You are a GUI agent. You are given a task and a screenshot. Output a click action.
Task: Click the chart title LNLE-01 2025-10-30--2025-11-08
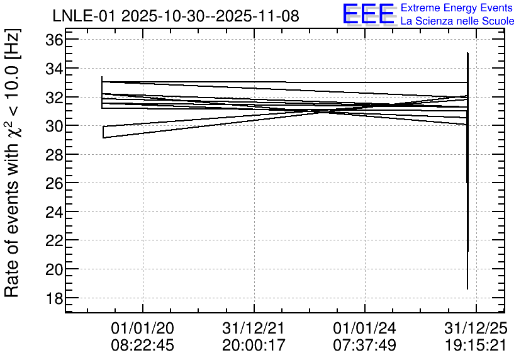[x=176, y=16]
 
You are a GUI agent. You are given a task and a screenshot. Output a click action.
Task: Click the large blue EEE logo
[x=369, y=14]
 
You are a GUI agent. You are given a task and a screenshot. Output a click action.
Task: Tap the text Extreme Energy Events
[x=457, y=8]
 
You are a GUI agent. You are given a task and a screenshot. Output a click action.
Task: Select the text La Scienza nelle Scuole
[x=457, y=21]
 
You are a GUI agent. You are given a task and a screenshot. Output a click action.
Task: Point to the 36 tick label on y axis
[x=54, y=40]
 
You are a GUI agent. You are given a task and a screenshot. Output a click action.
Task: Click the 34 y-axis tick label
[x=54, y=69]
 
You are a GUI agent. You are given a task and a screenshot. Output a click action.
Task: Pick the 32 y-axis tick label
[x=54, y=98]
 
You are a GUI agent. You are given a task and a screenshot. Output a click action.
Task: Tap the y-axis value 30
[x=54, y=126]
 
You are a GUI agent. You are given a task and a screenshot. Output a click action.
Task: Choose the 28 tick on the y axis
[x=54, y=155]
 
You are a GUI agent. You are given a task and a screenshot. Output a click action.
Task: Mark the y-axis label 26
[x=54, y=184]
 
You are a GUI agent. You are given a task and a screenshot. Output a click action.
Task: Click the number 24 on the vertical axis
[x=54, y=212]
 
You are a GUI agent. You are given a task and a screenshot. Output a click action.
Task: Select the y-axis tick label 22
[x=54, y=241]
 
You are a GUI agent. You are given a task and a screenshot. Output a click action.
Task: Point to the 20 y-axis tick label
[x=54, y=269]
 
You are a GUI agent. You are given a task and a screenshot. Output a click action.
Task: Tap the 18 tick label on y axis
[x=54, y=298]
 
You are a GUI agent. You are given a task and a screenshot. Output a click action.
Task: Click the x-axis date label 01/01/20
[x=143, y=328]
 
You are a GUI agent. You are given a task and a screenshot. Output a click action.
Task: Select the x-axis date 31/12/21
[x=254, y=328]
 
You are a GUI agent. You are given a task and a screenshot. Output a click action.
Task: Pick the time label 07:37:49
[x=365, y=345]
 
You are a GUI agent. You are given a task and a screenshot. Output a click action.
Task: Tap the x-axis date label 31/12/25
[x=476, y=328]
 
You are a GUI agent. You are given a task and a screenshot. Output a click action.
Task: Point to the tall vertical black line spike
[x=467, y=171]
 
